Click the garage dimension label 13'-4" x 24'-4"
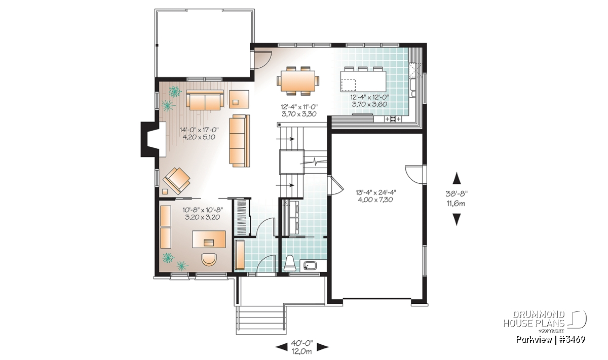376,192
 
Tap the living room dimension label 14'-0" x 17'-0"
199,130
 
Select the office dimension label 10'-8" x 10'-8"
203,210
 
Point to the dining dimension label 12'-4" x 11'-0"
299,107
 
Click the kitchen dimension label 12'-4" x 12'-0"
369,97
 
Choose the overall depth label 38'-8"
457,194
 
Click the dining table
298,81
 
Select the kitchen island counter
363,81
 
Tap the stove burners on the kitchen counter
393,119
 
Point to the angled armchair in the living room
176,181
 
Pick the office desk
209,239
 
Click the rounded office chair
209,259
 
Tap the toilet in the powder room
290,263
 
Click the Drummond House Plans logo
545,322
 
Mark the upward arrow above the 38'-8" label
458,178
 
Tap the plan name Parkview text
534,340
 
